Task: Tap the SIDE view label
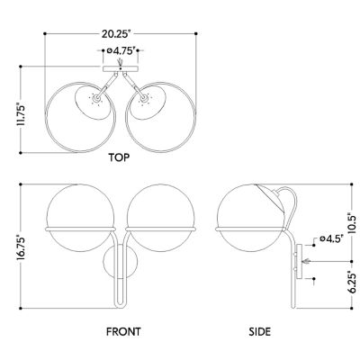pos(260,331)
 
